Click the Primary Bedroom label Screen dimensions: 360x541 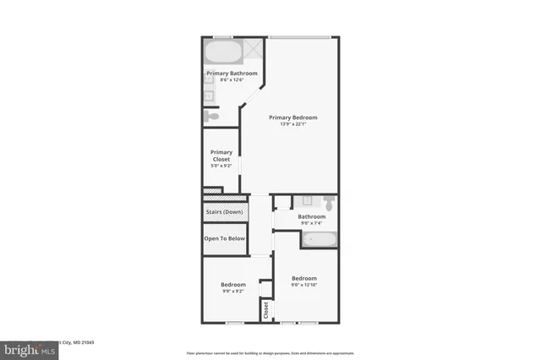click(292, 117)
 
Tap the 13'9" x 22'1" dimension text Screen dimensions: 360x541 click(292, 124)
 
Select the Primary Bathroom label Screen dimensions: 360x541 click(232, 74)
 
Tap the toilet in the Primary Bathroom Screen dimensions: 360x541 click(213, 116)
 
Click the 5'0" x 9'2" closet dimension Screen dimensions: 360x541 click(221, 166)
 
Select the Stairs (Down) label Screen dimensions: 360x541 click(224, 211)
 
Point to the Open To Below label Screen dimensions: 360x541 click(224, 238)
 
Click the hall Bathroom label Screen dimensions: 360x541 click(312, 216)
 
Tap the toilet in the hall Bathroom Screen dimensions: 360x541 click(328, 202)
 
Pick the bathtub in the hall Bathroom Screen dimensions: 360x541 click(320, 239)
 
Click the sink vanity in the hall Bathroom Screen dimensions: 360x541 click(304, 202)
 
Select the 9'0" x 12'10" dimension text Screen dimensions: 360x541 click(304, 286)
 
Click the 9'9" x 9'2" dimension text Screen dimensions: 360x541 click(232, 292)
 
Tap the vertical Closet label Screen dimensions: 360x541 click(265, 309)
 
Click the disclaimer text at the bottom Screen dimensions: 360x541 click(270, 352)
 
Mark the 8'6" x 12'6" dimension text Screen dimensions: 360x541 click(232, 80)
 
